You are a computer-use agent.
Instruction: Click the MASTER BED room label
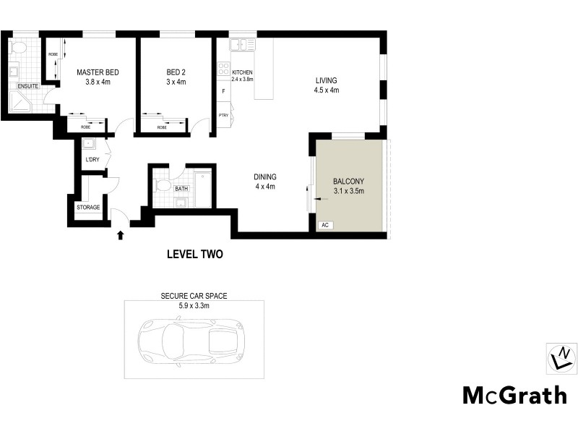pos(98,72)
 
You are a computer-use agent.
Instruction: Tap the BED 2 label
pos(176,72)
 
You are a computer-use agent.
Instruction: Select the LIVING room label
pos(326,80)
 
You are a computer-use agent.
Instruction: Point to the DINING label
pos(264,177)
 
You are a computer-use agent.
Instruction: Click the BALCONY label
pos(348,182)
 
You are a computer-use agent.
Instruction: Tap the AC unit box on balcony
pos(324,226)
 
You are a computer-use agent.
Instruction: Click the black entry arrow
pos(121,234)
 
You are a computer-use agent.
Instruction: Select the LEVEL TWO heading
pos(194,254)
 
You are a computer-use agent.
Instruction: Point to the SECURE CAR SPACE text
pos(194,297)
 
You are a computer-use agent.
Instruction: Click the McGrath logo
pos(514,395)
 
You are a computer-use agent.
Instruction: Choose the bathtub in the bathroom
pos(203,190)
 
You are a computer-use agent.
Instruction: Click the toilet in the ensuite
pos(19,48)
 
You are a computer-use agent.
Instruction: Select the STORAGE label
pos(88,208)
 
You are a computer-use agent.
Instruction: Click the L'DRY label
pos(92,160)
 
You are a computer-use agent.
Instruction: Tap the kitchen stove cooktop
pos(223,72)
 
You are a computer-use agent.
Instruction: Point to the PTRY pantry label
pos(223,114)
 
